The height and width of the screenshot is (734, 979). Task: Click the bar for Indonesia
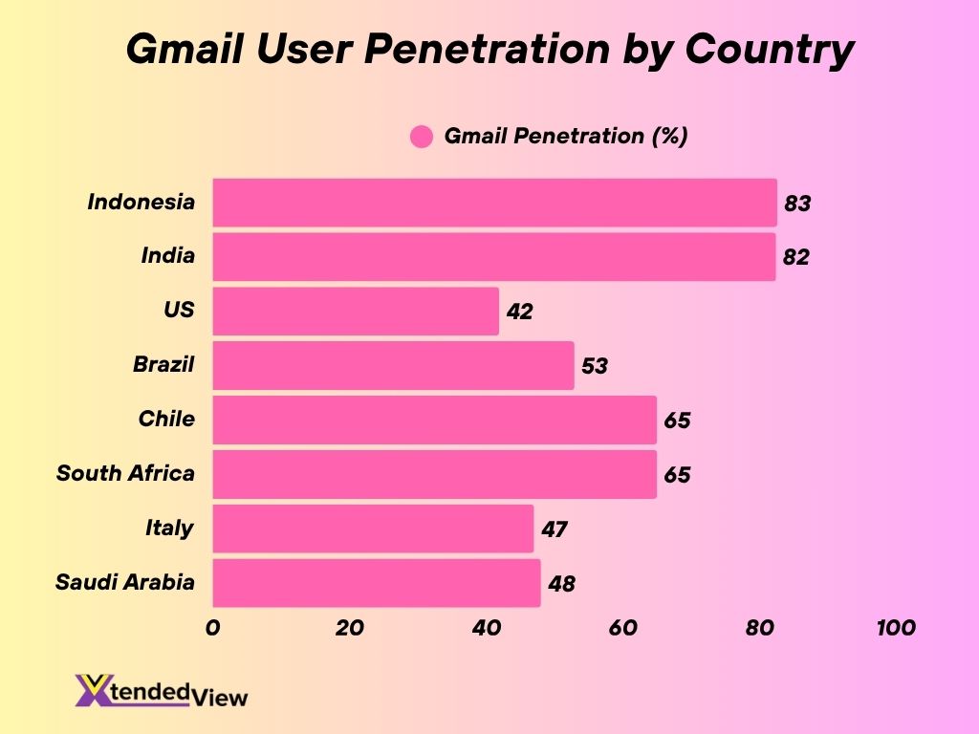click(494, 203)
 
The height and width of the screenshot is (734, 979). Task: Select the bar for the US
click(356, 312)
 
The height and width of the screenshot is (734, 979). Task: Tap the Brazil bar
click(393, 366)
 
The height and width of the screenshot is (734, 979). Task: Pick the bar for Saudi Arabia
click(376, 583)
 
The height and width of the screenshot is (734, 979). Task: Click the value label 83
click(797, 204)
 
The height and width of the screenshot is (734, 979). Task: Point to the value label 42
click(520, 312)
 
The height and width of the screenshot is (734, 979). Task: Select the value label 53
click(595, 366)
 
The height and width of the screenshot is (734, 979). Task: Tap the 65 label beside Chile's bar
click(677, 421)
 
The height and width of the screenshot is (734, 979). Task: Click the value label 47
click(555, 529)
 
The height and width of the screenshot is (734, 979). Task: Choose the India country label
click(167, 255)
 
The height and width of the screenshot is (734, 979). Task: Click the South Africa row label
click(125, 473)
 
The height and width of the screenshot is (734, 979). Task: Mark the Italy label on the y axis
click(169, 528)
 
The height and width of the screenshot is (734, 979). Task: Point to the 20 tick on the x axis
click(350, 628)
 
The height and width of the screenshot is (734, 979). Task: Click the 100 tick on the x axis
click(895, 628)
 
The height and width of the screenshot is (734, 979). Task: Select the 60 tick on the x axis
click(622, 628)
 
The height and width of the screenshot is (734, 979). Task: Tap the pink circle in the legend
click(422, 137)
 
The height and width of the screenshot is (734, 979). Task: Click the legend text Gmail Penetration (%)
click(566, 136)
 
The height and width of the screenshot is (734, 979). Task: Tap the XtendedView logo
click(162, 690)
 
